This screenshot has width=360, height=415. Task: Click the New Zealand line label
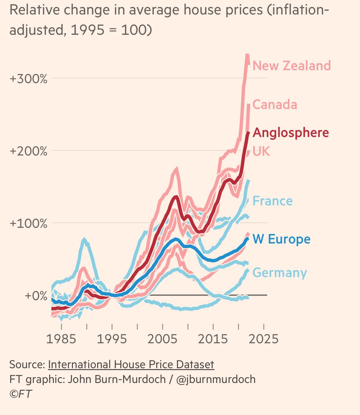click(291, 66)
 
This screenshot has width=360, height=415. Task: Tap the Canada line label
click(275, 105)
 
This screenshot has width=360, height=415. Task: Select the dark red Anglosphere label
click(291, 133)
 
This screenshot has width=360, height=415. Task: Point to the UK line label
click(261, 151)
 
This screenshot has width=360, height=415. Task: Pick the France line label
click(272, 201)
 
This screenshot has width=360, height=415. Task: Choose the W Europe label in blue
click(281, 239)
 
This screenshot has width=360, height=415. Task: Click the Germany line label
click(279, 273)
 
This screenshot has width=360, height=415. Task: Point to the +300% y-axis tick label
click(29, 79)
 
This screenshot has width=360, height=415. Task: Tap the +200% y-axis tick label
click(29, 151)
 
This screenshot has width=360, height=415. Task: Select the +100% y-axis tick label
click(29, 224)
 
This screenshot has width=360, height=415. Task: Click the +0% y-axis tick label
click(36, 296)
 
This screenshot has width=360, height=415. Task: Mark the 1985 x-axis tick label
click(61, 339)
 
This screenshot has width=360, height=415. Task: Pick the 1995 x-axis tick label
click(112, 339)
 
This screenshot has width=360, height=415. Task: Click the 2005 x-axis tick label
click(162, 339)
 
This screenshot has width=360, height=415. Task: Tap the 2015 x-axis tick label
click(213, 339)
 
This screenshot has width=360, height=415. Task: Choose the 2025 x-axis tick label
click(264, 339)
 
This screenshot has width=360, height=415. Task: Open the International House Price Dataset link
click(131, 365)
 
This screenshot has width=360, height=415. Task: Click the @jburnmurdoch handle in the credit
click(216, 379)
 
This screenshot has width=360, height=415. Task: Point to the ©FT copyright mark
click(21, 394)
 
